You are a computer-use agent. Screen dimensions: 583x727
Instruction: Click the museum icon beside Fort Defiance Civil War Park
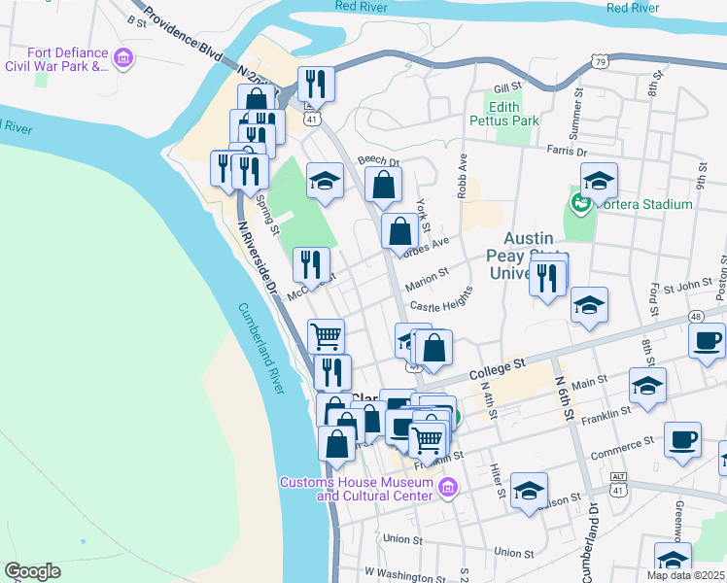pos(123,59)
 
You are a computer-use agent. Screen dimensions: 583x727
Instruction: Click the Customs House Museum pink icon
pos(447,486)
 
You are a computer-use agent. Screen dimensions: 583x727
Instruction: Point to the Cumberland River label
pos(259,348)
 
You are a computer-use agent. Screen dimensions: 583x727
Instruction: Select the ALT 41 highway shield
pos(618,485)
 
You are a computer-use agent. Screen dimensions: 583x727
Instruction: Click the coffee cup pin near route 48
pos(706,342)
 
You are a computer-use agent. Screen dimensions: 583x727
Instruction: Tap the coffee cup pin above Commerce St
pos(682,439)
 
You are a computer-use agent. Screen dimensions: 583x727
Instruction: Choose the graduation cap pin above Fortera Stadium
pos(599,181)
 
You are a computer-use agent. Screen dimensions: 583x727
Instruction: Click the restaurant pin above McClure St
pos(311,264)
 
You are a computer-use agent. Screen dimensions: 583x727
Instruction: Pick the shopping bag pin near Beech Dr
pos(384,185)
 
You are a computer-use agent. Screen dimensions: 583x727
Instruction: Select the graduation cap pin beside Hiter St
pos(529,490)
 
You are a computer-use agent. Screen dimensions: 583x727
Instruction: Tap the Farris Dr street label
pos(567,153)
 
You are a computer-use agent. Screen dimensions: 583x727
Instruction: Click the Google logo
pos(32,571)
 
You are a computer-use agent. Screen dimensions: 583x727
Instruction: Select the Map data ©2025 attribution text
pos(684,575)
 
